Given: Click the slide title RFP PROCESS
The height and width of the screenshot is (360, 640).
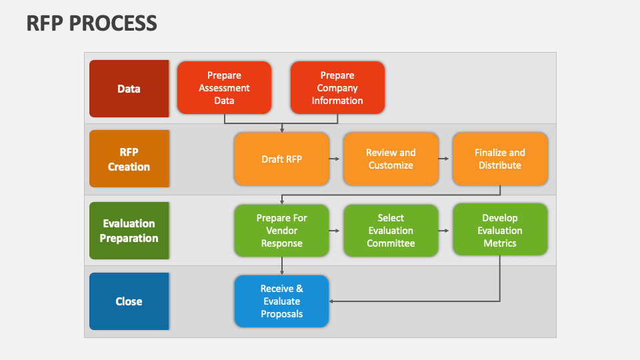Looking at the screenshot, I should [92, 23].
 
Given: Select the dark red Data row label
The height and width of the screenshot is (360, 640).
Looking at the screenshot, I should [129, 88].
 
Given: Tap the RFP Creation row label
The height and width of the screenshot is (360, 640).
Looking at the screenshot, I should [129, 159].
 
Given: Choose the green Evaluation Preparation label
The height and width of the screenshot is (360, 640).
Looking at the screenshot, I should [129, 231].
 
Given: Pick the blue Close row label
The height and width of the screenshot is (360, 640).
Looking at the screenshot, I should [129, 301].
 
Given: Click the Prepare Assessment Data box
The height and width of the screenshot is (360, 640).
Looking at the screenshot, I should [224, 88].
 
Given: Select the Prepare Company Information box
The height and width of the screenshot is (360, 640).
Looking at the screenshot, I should [337, 88].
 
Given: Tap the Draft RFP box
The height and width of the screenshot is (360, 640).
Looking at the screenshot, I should [281, 159].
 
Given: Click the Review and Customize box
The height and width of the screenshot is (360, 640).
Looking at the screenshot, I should [391, 159].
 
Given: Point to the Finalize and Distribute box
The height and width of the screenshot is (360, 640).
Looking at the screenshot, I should [500, 159].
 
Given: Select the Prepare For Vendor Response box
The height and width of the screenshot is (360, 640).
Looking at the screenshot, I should [281, 231].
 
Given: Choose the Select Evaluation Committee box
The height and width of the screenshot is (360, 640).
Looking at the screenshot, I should [391, 231].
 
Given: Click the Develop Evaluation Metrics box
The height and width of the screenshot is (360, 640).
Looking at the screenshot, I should [500, 231].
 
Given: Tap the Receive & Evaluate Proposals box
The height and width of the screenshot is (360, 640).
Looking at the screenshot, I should [281, 301].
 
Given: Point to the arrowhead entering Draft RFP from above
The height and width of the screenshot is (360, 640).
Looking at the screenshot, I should [282, 129].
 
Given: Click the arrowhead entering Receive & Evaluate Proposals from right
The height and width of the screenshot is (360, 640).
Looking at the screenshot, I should [333, 301].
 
